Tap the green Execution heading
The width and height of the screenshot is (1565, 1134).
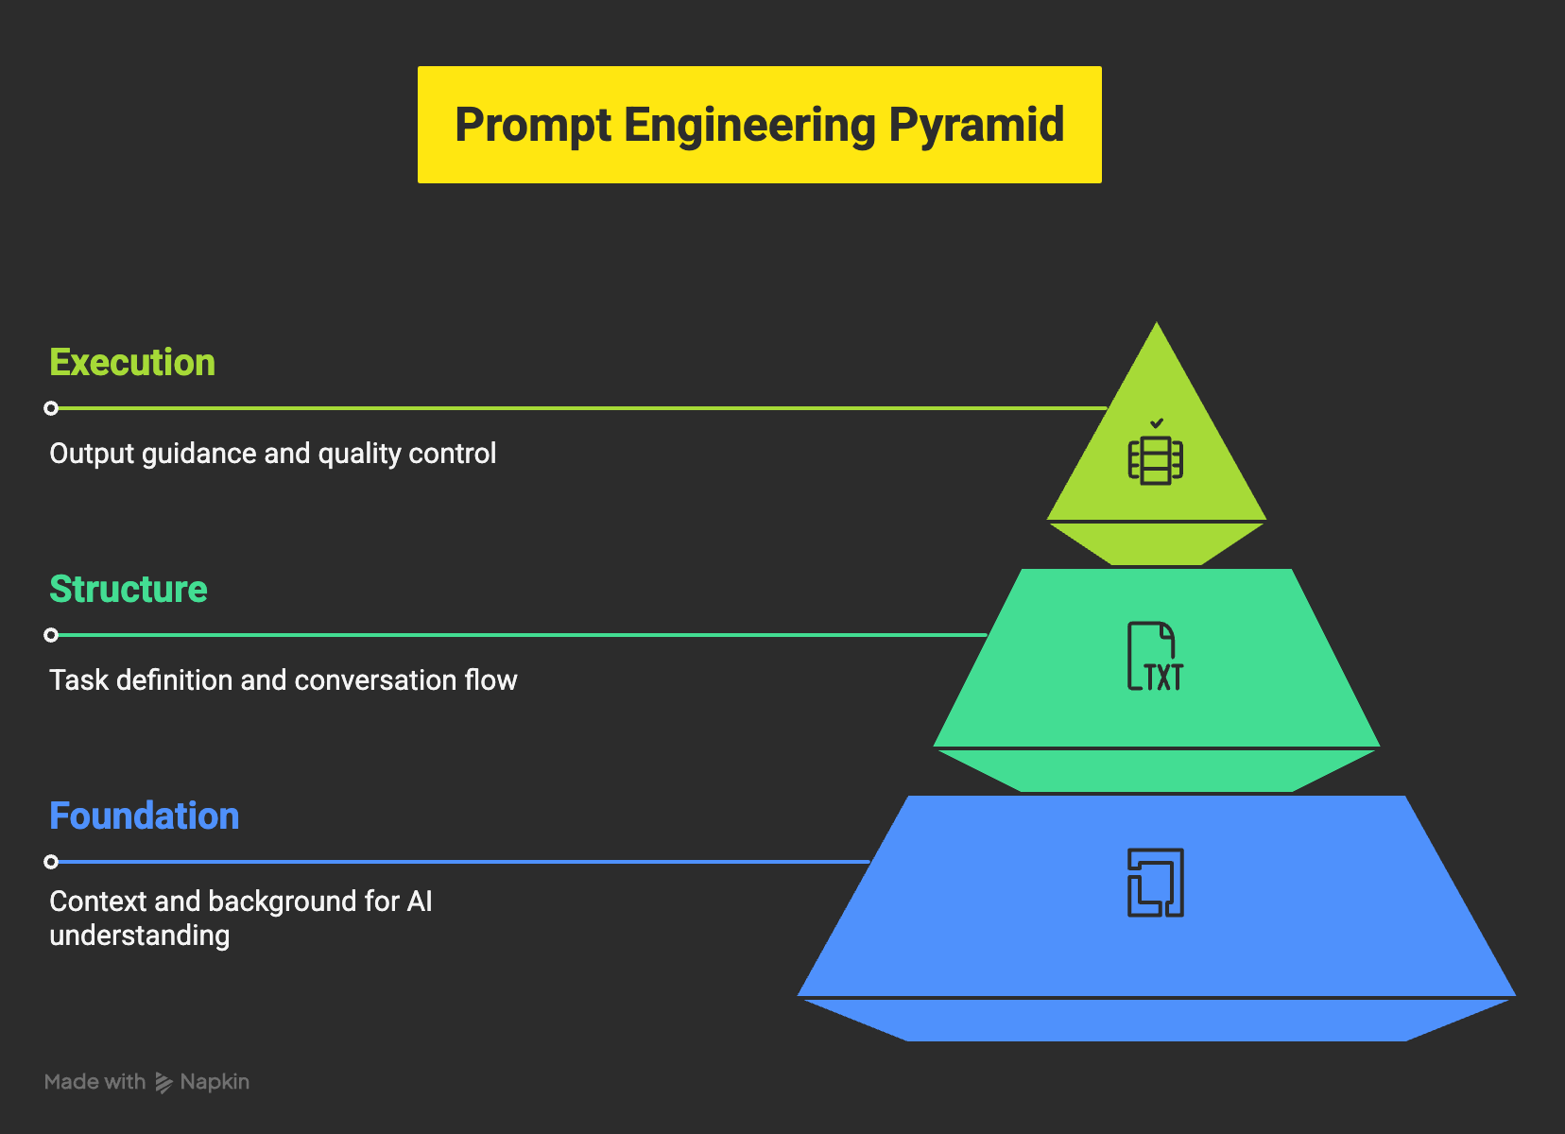click(x=132, y=363)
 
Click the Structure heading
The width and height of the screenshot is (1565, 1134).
click(x=129, y=590)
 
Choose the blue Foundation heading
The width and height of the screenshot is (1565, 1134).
click(x=145, y=816)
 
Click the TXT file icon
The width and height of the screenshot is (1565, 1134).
click(x=1155, y=657)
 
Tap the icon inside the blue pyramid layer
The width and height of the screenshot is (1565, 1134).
click(x=1155, y=883)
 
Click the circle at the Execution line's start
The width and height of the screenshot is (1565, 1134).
click(x=51, y=408)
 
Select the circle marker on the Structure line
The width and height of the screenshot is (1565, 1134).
click(x=51, y=635)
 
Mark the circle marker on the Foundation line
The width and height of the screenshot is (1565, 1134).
click(x=51, y=862)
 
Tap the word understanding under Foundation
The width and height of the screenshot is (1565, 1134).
click(x=140, y=936)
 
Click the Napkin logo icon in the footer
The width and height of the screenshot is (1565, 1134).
click(x=163, y=1083)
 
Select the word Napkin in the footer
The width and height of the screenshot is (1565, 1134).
click(x=215, y=1082)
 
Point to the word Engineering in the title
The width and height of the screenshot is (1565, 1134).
click(x=749, y=126)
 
